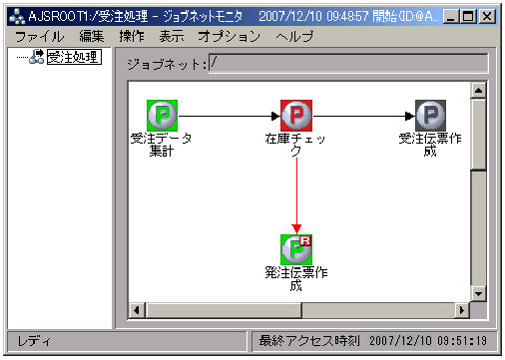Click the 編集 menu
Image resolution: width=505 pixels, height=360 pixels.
[92, 36]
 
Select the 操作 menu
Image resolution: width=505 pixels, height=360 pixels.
[131, 36]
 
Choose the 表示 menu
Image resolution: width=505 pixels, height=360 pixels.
[171, 36]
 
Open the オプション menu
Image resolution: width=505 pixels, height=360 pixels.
[229, 36]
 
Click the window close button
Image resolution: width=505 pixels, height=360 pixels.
[486, 17]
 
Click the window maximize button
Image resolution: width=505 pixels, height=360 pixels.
[468, 17]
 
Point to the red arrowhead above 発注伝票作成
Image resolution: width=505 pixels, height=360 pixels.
[296, 228]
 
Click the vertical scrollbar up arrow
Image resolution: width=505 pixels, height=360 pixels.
[478, 91]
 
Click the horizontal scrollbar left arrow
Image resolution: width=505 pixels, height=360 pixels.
[137, 310]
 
